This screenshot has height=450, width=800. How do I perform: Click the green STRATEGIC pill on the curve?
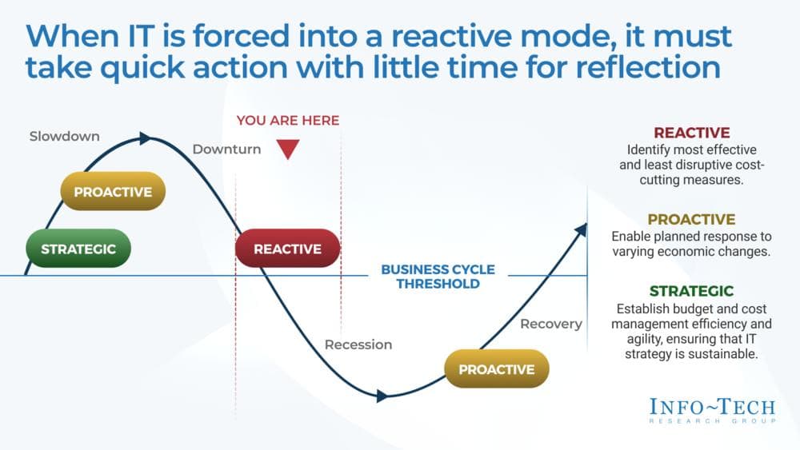tap(78, 249)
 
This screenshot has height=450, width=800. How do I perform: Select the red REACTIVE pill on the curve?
tap(287, 249)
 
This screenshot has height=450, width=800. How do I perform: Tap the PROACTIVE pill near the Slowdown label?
tap(113, 192)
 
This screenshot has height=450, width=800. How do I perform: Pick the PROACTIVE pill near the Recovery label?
tap(496, 369)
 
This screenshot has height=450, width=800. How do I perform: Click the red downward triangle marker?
tap(288, 149)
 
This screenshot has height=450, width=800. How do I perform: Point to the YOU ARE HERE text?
tap(288, 121)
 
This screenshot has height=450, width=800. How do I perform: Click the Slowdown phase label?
tap(65, 136)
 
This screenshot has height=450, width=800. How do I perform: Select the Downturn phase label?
tap(226, 149)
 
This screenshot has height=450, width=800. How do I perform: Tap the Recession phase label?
tap(358, 344)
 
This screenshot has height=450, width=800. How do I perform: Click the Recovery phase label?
tap(551, 324)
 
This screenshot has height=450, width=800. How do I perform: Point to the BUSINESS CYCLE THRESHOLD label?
tap(438, 277)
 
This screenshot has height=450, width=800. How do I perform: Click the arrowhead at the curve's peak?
tap(145, 138)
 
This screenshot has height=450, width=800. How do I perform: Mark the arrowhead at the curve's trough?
tap(382, 395)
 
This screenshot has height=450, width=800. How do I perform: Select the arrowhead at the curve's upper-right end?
tap(581, 230)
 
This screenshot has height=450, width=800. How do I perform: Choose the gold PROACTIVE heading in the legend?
tap(691, 219)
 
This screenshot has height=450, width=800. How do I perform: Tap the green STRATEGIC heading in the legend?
tap(691, 291)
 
